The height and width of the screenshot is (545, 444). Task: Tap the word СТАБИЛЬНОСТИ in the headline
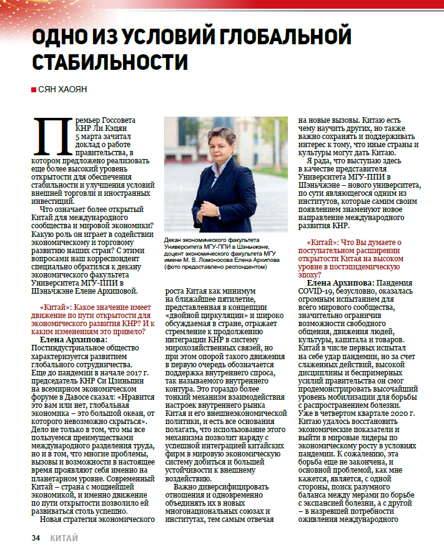pyautogui.click(x=110, y=63)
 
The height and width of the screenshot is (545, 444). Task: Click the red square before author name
pyautogui.click(x=33, y=90)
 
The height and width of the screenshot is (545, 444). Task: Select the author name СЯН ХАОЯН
pyautogui.click(x=62, y=90)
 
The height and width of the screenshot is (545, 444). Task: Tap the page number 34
pyautogui.click(x=37, y=537)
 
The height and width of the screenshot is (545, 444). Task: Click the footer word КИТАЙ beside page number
pyautogui.click(x=64, y=537)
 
